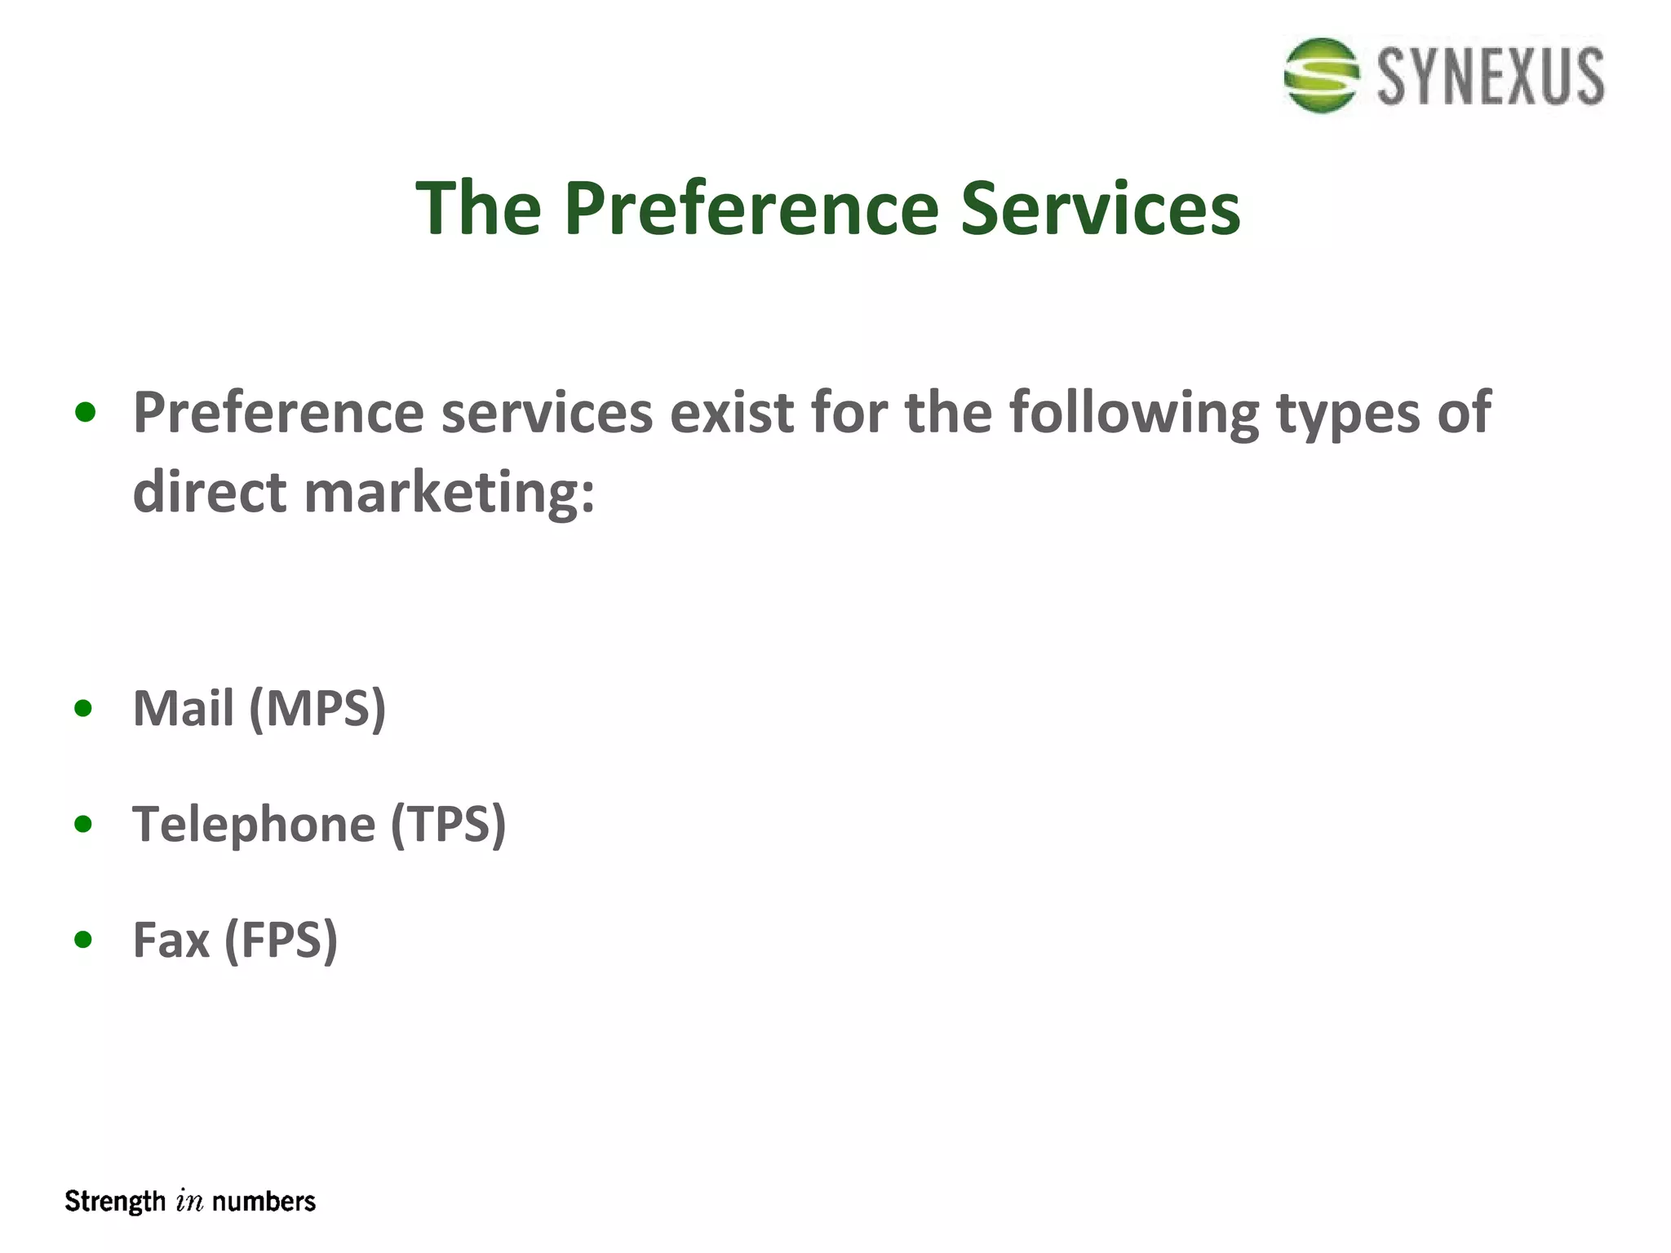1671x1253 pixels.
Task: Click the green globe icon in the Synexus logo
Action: pyautogui.click(x=1321, y=75)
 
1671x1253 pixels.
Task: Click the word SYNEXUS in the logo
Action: pyautogui.click(x=1491, y=77)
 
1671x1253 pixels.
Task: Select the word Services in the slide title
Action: pyautogui.click(x=1100, y=209)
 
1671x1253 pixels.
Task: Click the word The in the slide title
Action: pyautogui.click(x=479, y=209)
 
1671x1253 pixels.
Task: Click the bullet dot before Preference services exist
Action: pyautogui.click(x=85, y=413)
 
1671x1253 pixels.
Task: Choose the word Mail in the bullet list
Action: pyautogui.click(x=184, y=708)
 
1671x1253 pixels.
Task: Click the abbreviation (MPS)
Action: pyautogui.click(x=317, y=708)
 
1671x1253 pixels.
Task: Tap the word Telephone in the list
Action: pyautogui.click(x=254, y=825)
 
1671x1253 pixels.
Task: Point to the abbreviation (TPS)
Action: pyautogui.click(x=449, y=825)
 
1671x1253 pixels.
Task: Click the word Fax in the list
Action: pyautogui.click(x=171, y=940)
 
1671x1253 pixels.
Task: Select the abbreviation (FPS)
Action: pyautogui.click(x=281, y=941)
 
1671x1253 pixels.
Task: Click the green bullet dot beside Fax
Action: pyautogui.click(x=83, y=940)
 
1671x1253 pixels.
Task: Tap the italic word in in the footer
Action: pyautogui.click(x=189, y=1202)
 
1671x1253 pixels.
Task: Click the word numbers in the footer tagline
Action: pyautogui.click(x=264, y=1202)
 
